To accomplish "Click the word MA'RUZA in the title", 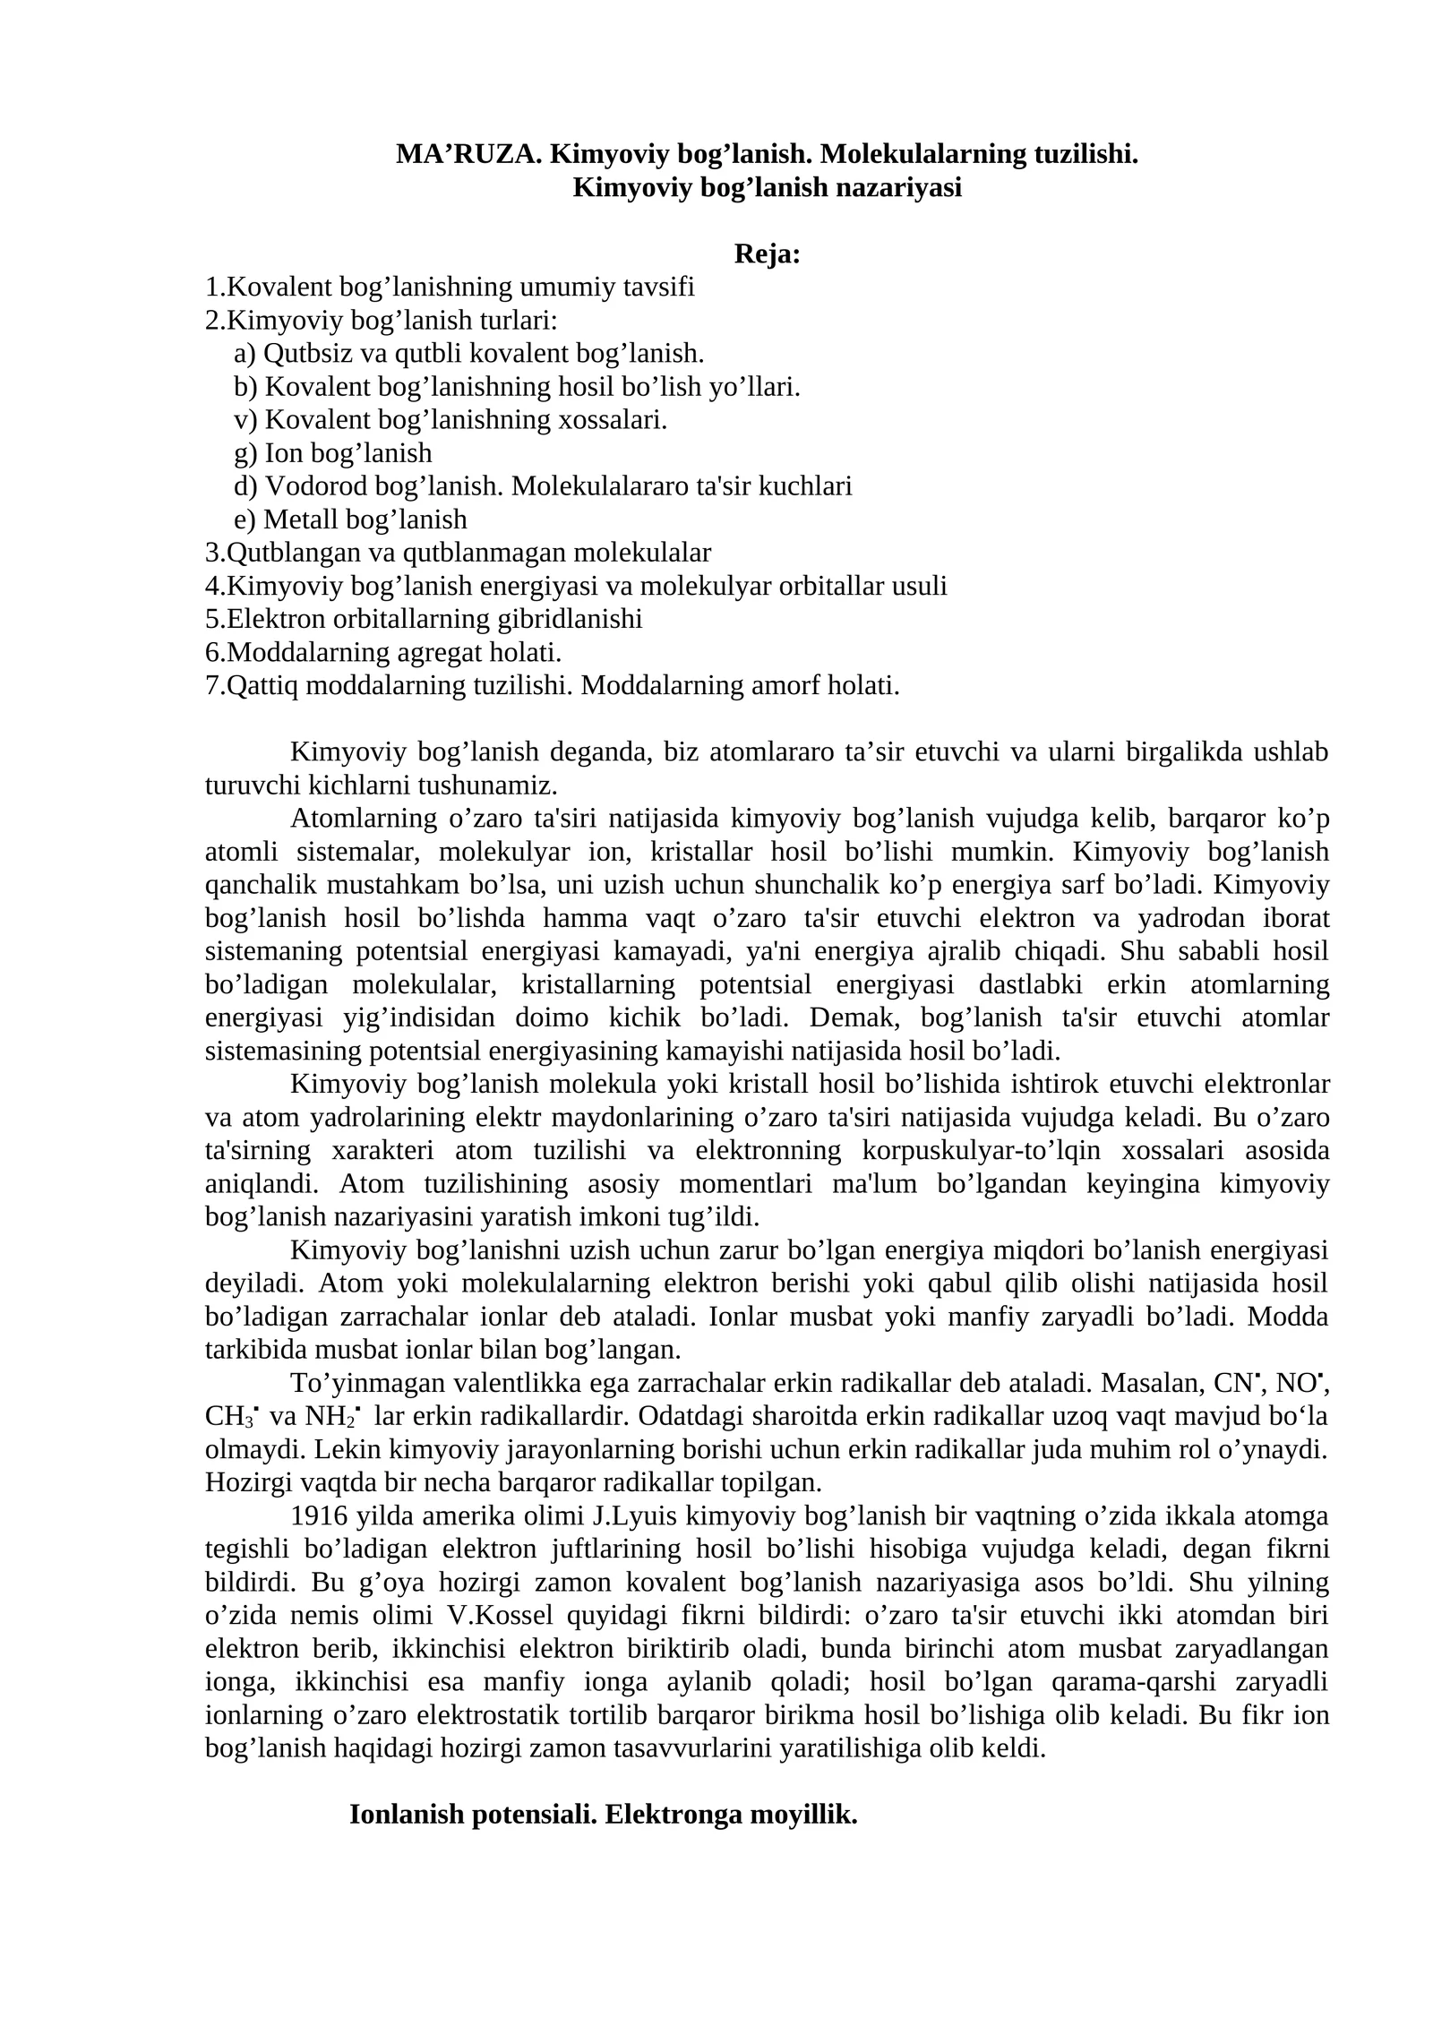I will [x=468, y=155].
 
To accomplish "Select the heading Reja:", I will [x=767, y=255].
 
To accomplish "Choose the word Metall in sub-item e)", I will [x=301, y=519].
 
